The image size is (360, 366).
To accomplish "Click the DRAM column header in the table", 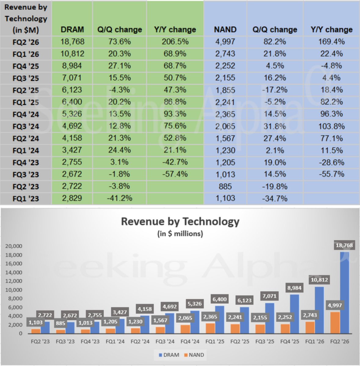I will (x=72, y=30).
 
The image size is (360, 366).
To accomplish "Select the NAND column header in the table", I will (x=225, y=30).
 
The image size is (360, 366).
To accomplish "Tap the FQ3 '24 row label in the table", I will (x=26, y=126).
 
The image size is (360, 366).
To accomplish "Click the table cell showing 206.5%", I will (x=175, y=42).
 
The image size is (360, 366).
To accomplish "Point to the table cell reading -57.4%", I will (x=175, y=174).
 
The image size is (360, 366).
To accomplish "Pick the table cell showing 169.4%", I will (x=331, y=41).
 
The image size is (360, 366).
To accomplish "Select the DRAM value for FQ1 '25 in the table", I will (x=72, y=102).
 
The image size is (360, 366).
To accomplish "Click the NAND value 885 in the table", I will (x=225, y=186).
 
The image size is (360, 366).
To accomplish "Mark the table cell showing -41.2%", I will (x=119, y=198).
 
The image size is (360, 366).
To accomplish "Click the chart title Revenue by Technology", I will (x=180, y=221).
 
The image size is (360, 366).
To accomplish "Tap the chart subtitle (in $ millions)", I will (x=180, y=234).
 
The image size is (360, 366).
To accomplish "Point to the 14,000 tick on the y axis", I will (x=14, y=272).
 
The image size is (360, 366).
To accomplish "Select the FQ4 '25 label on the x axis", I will (x=290, y=342).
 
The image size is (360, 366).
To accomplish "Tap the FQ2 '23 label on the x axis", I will (x=40, y=342).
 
